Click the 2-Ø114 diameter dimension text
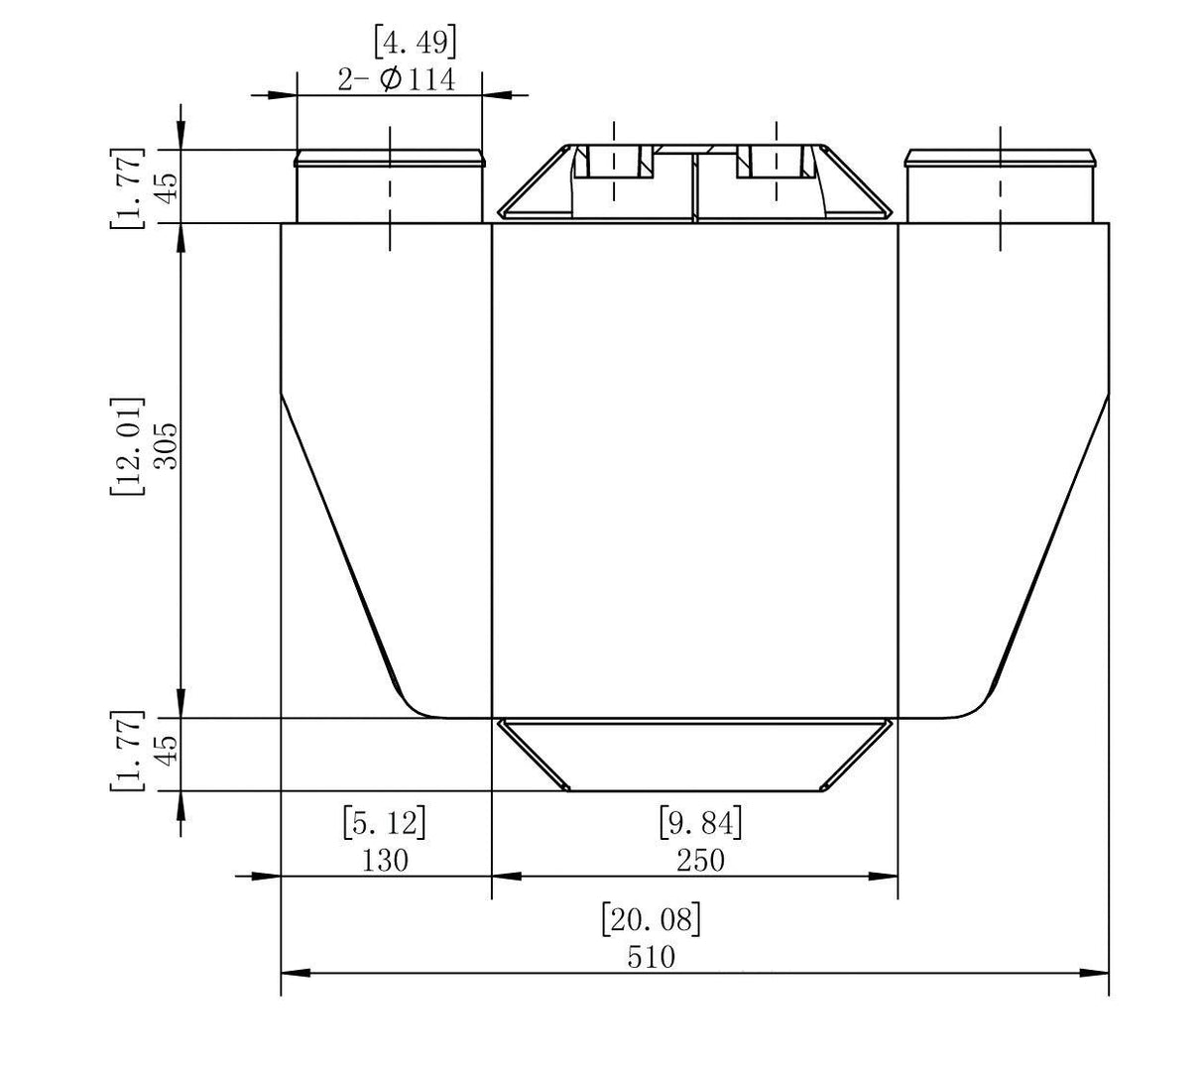pos(397,79)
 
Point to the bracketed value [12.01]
pos(128,447)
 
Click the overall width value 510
pos(651,957)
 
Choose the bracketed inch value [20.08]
pos(651,919)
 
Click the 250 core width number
pos(700,860)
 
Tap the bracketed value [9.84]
pos(700,822)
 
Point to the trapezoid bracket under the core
pos(694,755)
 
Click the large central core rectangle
pos(694,466)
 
